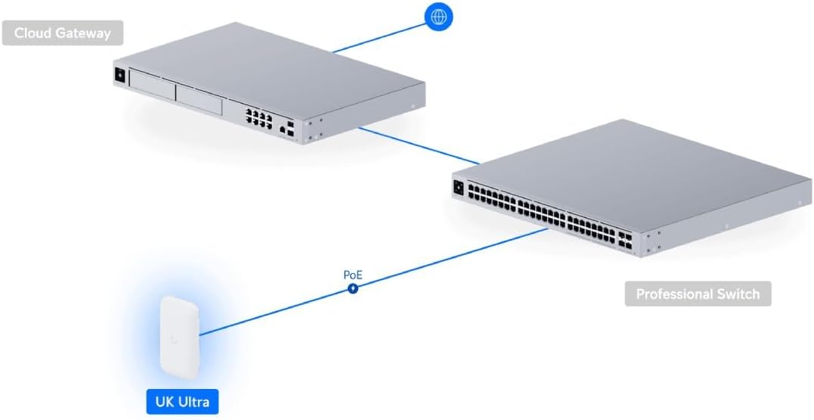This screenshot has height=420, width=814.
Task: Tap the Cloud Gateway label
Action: pos(62,33)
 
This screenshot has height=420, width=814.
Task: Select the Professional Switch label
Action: pos(698,294)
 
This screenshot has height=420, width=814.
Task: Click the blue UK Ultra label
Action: pos(181,401)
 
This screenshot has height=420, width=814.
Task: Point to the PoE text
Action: pos(353,275)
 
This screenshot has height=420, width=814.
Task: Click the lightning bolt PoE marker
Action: pos(353,288)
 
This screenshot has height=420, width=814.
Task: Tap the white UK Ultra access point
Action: pos(179,336)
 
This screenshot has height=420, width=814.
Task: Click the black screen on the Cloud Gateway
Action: pos(119,75)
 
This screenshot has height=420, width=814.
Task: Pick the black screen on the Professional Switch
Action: pos(458,188)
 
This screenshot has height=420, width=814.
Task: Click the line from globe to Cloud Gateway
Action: pos(378,37)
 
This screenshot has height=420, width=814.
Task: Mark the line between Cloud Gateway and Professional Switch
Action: pos(419,145)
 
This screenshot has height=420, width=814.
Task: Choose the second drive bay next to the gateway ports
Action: pos(199,98)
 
